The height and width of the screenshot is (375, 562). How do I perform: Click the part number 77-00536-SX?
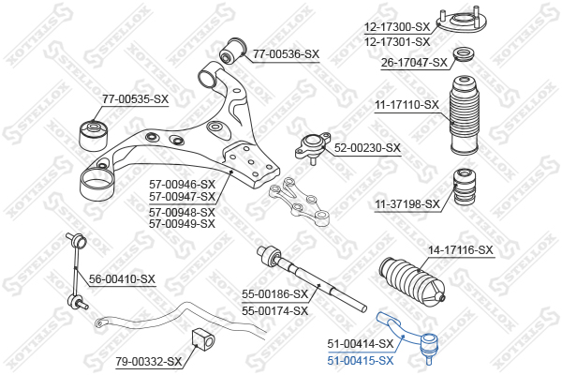point(286,54)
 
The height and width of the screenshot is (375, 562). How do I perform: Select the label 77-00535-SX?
point(135,99)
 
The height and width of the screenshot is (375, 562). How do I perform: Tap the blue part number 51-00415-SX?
point(361,360)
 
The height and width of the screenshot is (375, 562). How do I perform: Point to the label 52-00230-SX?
point(367,148)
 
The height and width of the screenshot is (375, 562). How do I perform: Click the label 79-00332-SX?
point(148,361)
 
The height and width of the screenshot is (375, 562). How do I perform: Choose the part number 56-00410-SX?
point(122,278)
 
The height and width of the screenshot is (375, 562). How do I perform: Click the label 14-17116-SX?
point(461,249)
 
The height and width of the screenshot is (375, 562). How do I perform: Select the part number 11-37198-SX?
point(407,204)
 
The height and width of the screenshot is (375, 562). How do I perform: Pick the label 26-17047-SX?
point(414,63)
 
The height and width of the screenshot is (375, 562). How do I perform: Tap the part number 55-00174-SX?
point(274,310)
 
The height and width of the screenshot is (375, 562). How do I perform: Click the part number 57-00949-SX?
point(182,224)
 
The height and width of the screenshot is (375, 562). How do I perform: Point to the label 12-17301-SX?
point(397,42)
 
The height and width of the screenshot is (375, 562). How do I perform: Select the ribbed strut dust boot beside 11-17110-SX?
point(465,114)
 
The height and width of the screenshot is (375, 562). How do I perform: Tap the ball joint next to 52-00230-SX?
point(313,147)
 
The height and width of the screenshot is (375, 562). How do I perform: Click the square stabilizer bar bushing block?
point(204,340)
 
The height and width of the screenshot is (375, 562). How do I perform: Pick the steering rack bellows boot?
point(412,283)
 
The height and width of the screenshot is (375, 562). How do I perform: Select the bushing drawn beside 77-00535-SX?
point(93,136)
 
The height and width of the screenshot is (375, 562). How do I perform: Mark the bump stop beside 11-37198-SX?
point(466,187)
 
